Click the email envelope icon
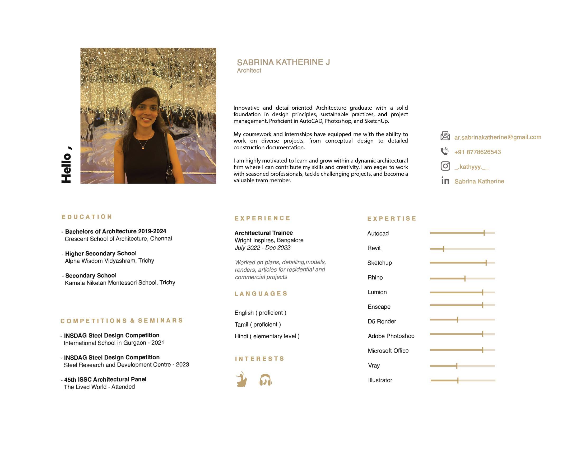pyautogui.click(x=445, y=136)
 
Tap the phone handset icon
pyautogui.click(x=444, y=151)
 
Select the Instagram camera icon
pyautogui.click(x=445, y=166)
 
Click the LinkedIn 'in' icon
pyautogui.click(x=445, y=180)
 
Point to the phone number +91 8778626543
pyautogui.click(x=477, y=152)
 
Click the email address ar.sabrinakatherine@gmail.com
pyautogui.click(x=498, y=137)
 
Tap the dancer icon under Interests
pyautogui.click(x=241, y=379)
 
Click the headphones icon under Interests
pyautogui.click(x=265, y=380)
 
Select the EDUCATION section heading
pyautogui.click(x=87, y=217)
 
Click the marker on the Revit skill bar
pyautogui.click(x=443, y=249)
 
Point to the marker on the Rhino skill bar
pyautogui.click(x=465, y=278)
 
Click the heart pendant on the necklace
pyautogui.click(x=143, y=148)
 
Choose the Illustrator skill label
pyautogui.click(x=380, y=380)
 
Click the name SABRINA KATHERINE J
pyautogui.click(x=283, y=62)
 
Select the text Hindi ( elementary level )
pyautogui.click(x=267, y=336)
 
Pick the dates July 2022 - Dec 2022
pyautogui.click(x=262, y=248)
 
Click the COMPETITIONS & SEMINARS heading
pyautogui.click(x=122, y=321)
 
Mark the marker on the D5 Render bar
pyautogui.click(x=457, y=320)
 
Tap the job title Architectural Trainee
pyautogui.click(x=263, y=233)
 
